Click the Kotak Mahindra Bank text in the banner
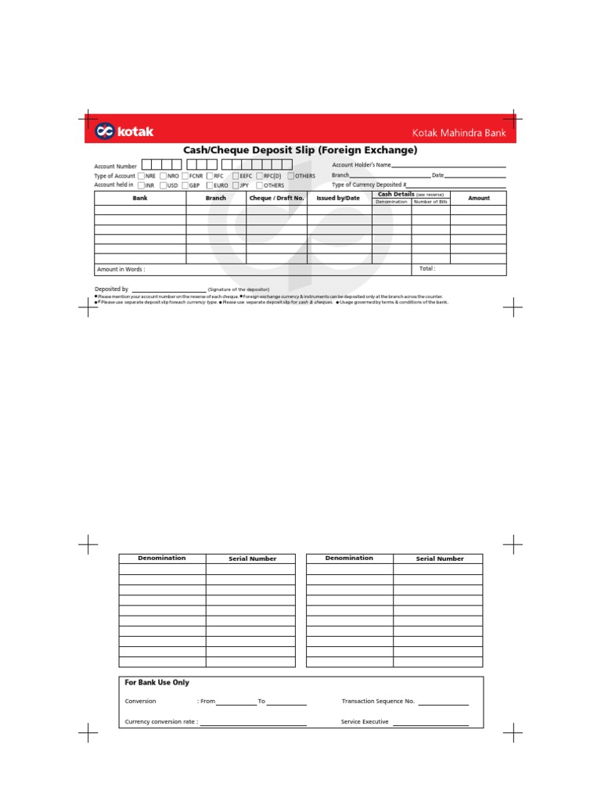tap(459, 133)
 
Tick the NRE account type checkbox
tap(141, 176)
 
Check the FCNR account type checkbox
tap(185, 176)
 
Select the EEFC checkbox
tap(236, 176)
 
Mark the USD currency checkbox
tap(163, 185)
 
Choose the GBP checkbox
tap(185, 185)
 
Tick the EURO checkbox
tap(209, 185)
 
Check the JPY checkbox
tap(236, 185)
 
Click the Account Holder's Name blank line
tap(448, 167)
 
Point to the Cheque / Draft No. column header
tap(276, 199)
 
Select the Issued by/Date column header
tap(338, 199)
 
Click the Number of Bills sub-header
tap(430, 202)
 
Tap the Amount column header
tap(478, 199)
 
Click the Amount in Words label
tap(121, 269)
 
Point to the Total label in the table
tap(427, 268)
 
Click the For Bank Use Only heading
tap(157, 683)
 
